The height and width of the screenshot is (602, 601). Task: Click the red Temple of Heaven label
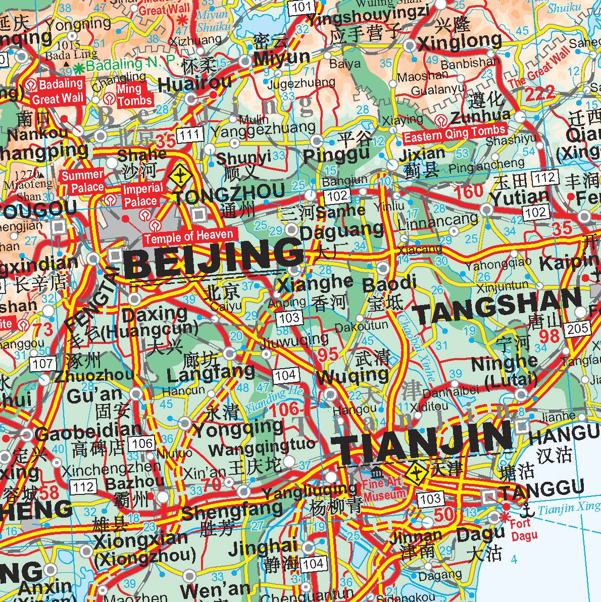(189, 236)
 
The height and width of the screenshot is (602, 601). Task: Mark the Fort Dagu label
(523, 530)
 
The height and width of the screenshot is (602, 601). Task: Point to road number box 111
(190, 134)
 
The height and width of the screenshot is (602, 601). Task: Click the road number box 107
(42, 363)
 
